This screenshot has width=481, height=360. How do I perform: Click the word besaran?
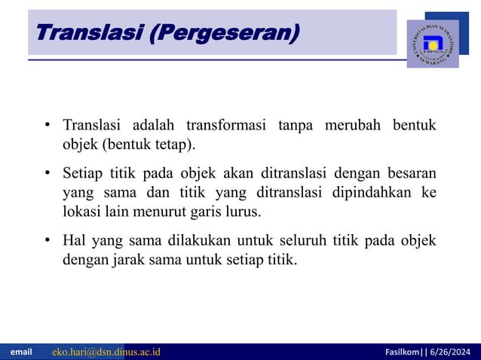coord(411,174)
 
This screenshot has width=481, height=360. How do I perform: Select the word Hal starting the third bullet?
coord(75,242)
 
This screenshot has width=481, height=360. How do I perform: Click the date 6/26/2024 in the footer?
coord(451,352)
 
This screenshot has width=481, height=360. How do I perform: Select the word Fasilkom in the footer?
coord(403,352)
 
